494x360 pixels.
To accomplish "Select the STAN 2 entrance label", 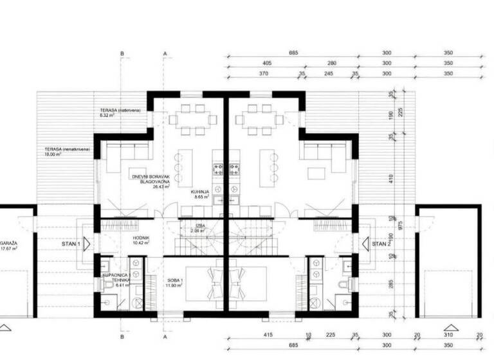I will point(381,244).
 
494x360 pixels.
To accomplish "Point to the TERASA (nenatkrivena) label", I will point(62,148).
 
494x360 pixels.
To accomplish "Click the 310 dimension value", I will point(448,335).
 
